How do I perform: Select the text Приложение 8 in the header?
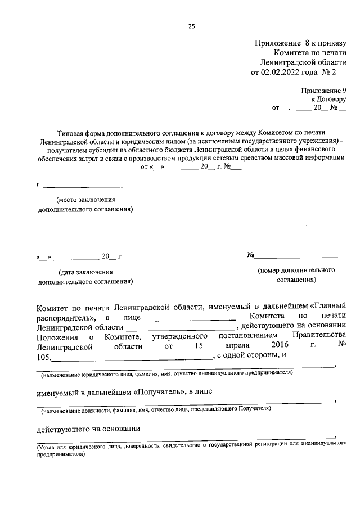pyautogui.click(x=282, y=43)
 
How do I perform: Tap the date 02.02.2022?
pyautogui.click(x=279, y=72)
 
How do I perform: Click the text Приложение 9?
pyautogui.click(x=323, y=90)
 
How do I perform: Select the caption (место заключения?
pyautogui.click(x=85, y=200)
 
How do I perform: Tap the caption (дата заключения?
pyautogui.click(x=84, y=272)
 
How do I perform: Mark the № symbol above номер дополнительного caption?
pyautogui.click(x=251, y=256)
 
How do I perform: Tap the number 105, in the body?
pyautogui.click(x=44, y=355)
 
